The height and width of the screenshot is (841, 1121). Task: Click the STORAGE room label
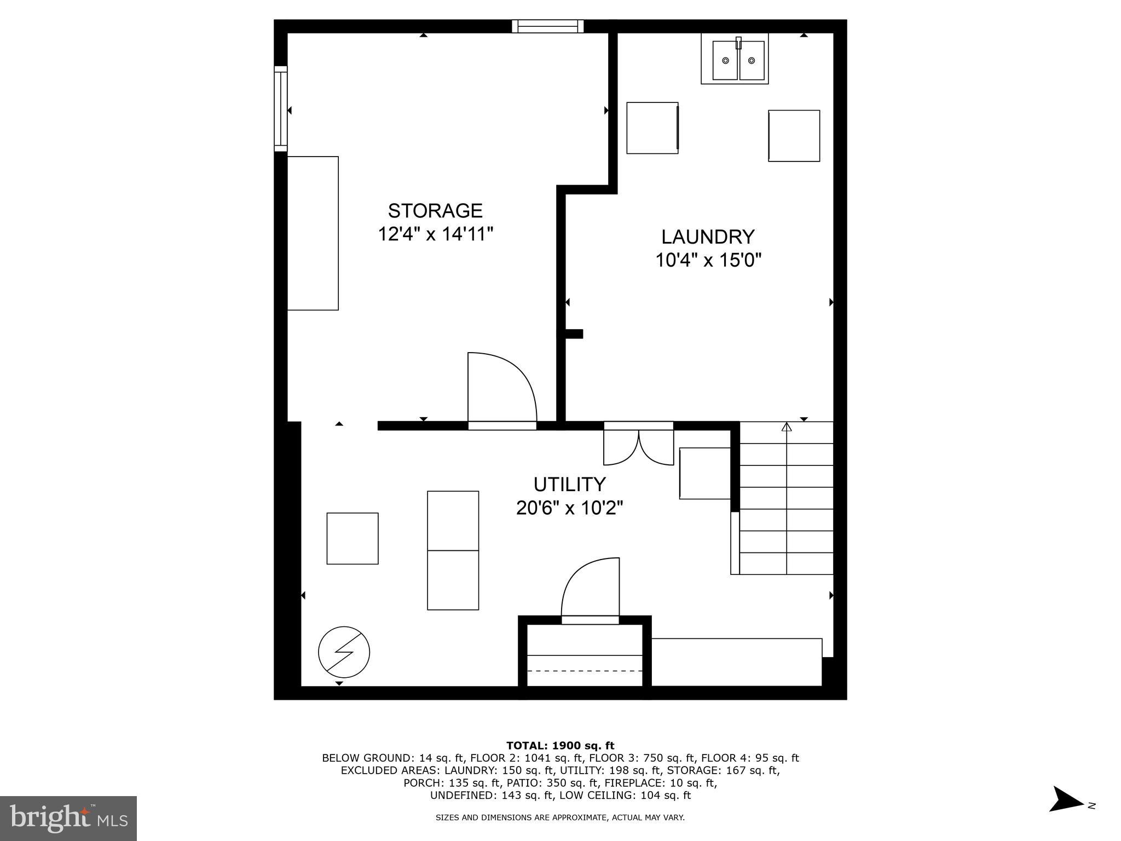click(435, 210)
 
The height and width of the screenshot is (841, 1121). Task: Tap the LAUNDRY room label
click(708, 237)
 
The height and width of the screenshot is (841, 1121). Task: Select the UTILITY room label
click(569, 484)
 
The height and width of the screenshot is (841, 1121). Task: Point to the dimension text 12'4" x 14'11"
click(436, 234)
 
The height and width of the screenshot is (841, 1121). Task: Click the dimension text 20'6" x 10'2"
click(569, 508)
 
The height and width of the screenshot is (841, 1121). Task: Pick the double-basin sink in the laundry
click(735, 60)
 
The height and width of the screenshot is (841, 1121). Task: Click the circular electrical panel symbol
click(344, 652)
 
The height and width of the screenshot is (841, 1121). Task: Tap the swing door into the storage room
click(501, 389)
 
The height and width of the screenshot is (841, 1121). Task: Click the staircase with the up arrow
click(786, 498)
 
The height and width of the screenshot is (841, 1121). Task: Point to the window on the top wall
click(547, 26)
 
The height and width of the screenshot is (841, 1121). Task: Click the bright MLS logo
click(68, 818)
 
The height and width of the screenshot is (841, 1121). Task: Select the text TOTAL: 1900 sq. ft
click(560, 745)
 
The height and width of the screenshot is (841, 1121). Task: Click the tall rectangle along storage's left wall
click(313, 233)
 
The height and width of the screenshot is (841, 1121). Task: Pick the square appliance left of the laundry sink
click(652, 128)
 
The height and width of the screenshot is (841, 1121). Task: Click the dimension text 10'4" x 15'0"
click(708, 260)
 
